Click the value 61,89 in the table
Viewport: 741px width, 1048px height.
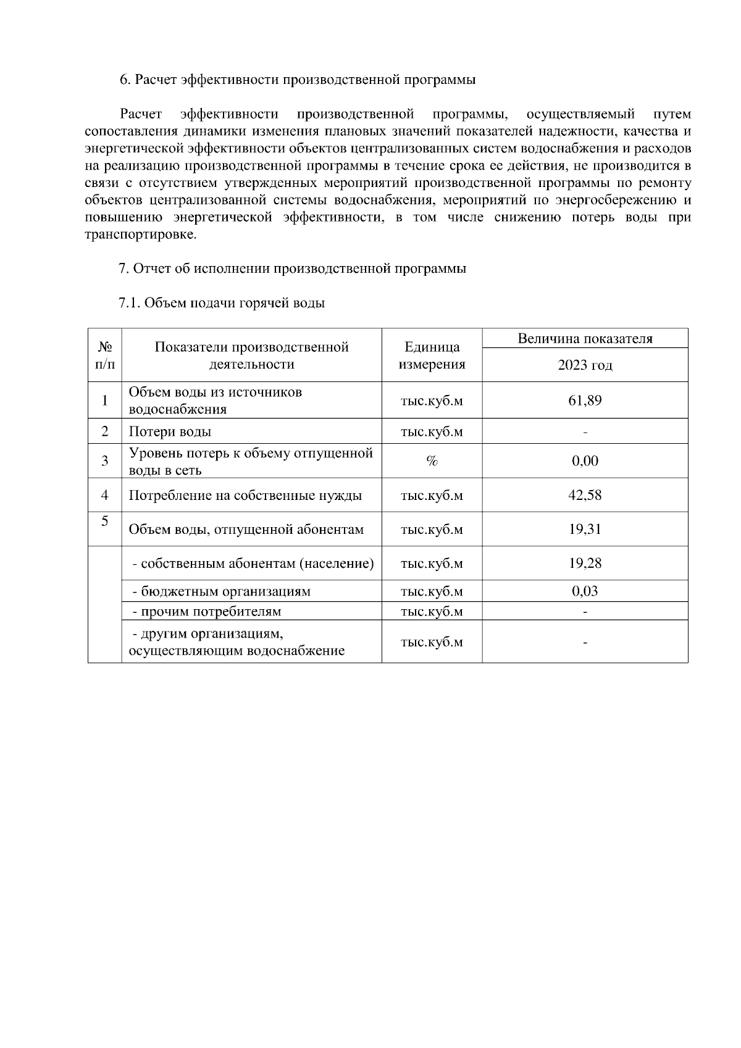coord(584,401)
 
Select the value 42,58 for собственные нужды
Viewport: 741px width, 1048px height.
coord(584,495)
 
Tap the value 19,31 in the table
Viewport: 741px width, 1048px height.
coord(584,529)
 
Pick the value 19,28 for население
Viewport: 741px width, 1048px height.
coord(584,563)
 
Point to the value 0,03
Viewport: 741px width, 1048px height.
coord(584,591)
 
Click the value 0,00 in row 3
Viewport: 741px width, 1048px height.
coord(584,461)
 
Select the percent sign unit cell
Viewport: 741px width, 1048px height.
coord(432,461)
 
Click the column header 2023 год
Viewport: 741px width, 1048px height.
coord(584,365)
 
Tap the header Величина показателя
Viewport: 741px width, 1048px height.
coord(584,339)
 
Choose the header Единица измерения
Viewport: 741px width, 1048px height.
coord(432,356)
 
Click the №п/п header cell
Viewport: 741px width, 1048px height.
coord(104,356)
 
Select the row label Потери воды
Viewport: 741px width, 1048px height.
coord(170,431)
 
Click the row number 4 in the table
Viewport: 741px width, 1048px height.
coord(104,495)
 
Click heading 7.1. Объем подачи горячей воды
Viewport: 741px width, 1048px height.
coord(221,303)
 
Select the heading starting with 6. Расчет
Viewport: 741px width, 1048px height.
coord(297,80)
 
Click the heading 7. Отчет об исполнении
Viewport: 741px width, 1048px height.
coord(292,268)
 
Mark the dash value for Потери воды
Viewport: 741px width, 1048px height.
coord(584,431)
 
